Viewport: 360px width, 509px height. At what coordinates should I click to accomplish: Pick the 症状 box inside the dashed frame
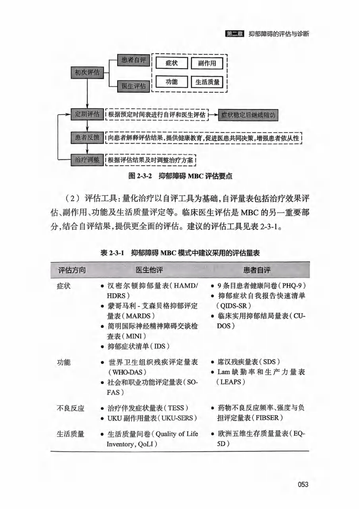pyautogui.click(x=171, y=63)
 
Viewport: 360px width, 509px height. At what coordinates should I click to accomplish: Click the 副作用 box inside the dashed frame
pyautogui.click(x=207, y=63)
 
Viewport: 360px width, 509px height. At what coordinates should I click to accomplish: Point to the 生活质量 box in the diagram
pyautogui.click(x=207, y=82)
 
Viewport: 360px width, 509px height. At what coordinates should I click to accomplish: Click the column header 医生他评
pyautogui.click(x=149, y=270)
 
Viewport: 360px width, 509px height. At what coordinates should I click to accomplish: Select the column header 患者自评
pyautogui.click(x=257, y=270)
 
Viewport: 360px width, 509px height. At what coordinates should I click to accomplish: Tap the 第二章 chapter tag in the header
pyautogui.click(x=234, y=34)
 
